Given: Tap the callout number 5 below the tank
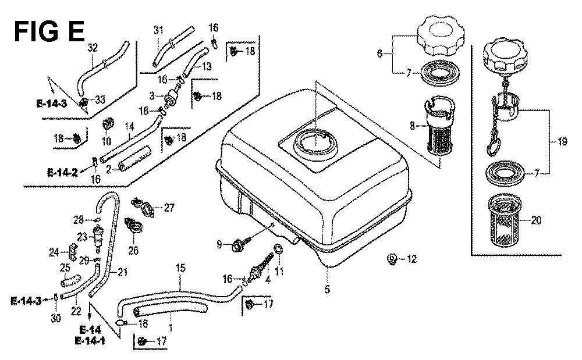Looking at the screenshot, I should point(327,289).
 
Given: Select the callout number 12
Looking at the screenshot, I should point(412,259).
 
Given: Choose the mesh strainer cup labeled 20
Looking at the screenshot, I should point(507,219).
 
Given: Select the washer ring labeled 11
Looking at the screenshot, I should point(279,250).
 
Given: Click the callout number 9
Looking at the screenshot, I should point(219,245).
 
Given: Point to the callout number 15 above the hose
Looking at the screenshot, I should point(180,269).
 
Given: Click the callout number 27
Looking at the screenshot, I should point(169,207).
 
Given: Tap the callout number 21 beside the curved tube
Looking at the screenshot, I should point(123,272).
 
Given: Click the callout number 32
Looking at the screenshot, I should point(92,48).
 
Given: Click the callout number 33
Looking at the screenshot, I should point(100,100).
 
